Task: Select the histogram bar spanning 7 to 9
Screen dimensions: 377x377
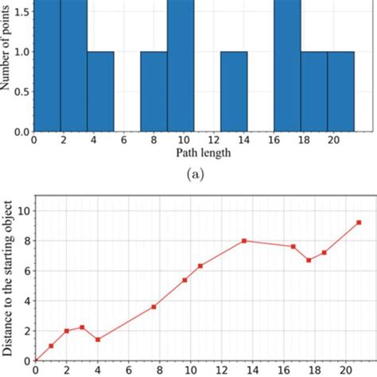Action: tap(154, 91)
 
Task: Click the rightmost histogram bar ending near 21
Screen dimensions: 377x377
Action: tap(340, 91)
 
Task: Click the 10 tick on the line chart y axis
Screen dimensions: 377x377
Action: tap(21, 211)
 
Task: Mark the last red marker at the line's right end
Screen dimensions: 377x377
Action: tap(359, 223)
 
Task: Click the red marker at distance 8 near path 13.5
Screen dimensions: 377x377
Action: tap(244, 241)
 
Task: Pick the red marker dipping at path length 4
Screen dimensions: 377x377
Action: tap(98, 340)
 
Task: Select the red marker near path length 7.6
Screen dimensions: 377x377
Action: tap(154, 306)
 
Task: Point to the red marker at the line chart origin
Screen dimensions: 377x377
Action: tap(35, 361)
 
